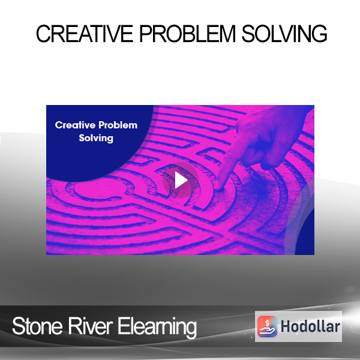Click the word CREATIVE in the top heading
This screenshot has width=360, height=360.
[85, 34]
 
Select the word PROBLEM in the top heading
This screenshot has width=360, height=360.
[187, 34]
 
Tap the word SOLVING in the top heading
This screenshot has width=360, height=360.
[284, 34]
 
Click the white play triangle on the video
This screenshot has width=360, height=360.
[181, 180]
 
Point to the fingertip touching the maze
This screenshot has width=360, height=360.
[218, 187]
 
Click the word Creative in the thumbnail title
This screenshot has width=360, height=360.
[75, 125]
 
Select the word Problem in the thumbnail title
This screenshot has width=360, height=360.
[118, 125]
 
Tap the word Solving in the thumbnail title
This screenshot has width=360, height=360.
[96, 138]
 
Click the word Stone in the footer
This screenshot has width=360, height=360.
[37, 326]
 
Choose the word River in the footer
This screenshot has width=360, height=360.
[90, 326]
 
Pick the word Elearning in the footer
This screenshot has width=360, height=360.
[157, 328]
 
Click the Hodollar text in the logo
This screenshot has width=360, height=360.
[310, 326]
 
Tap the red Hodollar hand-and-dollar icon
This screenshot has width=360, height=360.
[267, 326]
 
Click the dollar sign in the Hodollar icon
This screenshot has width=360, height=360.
[267, 323]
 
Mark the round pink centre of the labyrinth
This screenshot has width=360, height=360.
[100, 190]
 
